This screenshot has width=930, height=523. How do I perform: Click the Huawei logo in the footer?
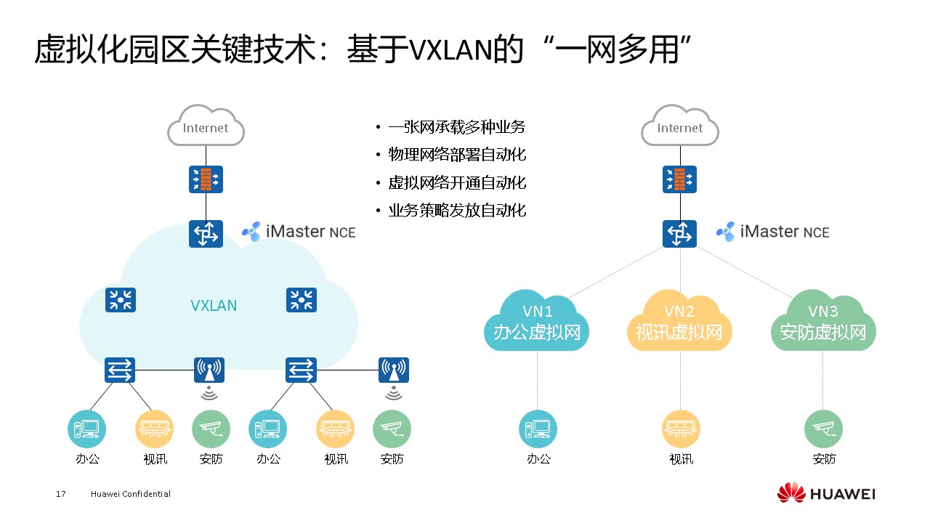826,494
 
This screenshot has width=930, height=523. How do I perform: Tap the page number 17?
61,494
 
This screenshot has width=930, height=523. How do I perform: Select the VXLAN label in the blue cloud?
214,305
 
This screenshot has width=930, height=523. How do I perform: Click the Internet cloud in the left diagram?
206,128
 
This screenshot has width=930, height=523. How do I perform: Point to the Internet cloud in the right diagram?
680,128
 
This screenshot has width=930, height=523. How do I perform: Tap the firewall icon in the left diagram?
206,179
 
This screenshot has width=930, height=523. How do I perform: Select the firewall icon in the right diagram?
680,179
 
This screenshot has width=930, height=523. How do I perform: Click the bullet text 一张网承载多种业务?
456,127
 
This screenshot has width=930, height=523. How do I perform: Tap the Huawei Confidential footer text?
131,494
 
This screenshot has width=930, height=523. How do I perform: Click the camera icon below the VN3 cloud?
823,429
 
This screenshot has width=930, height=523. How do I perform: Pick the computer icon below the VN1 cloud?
538,429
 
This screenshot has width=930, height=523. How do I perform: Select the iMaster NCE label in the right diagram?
773,232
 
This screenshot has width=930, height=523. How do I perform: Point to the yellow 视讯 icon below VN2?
681,429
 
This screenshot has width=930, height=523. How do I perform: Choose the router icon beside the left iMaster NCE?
206,234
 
